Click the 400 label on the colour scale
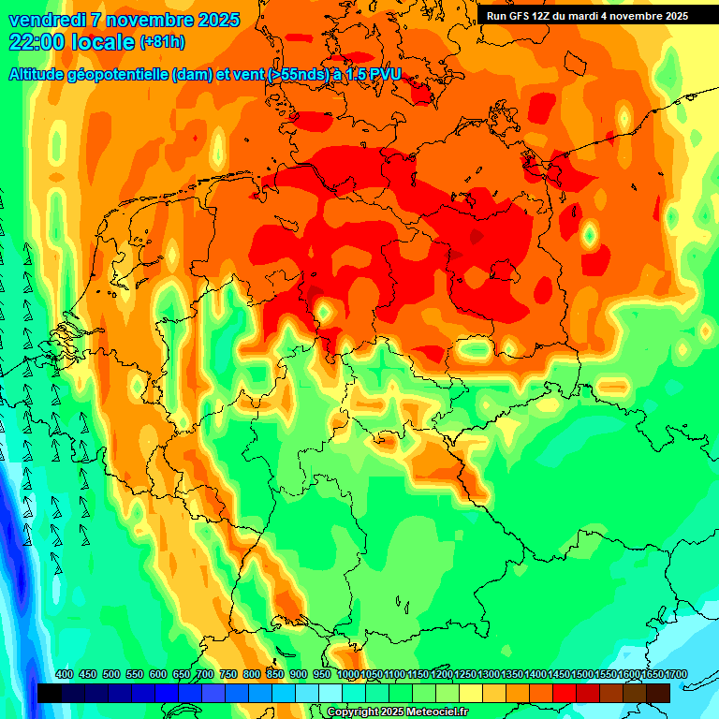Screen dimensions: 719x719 (x=65, y=674)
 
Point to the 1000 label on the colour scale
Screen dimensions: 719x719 (x=347, y=674)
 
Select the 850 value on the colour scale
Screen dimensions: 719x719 (x=275, y=674)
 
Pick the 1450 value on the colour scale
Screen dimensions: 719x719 (x=558, y=674)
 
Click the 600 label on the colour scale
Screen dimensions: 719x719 (x=158, y=674)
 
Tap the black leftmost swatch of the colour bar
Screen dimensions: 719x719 (x=50, y=693)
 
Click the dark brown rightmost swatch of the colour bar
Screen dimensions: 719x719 (x=658, y=693)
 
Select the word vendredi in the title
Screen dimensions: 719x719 (x=47, y=20)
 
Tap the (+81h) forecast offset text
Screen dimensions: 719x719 (x=162, y=42)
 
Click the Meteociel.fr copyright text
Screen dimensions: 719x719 (x=431, y=712)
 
